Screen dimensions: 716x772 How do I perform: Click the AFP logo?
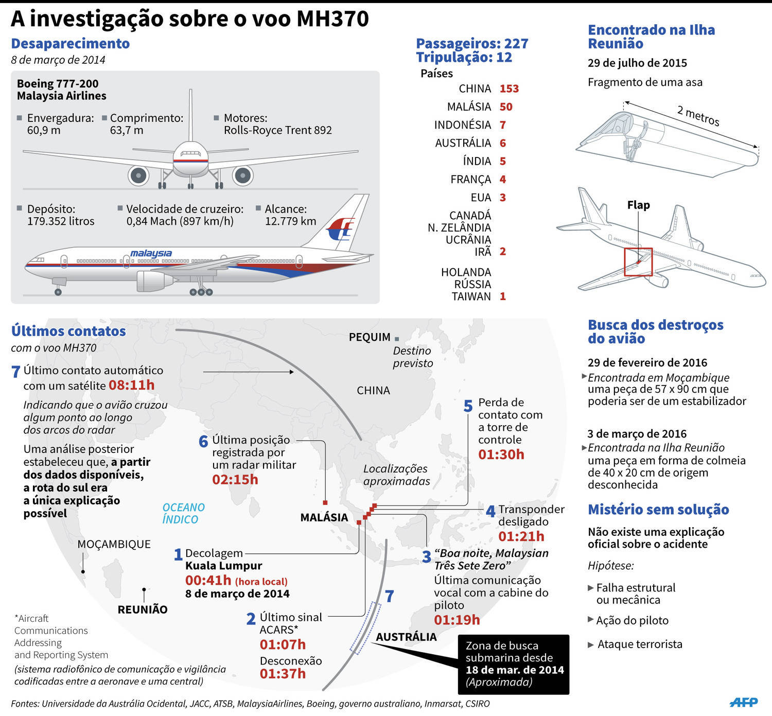pos(744,702)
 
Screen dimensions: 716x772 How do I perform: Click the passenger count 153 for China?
pos(509,89)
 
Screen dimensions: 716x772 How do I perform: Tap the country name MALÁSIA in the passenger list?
pos(469,107)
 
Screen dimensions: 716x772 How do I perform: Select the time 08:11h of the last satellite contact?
pos(131,385)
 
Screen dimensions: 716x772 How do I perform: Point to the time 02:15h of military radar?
pos(235,479)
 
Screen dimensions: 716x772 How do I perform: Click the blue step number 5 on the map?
pos(468,406)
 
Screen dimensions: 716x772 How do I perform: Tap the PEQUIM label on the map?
pos(370,337)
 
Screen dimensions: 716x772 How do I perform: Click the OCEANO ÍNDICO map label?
pos(183,513)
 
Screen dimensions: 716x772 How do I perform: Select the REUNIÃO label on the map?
pos(143,609)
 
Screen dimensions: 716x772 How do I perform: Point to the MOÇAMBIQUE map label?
pos(114,544)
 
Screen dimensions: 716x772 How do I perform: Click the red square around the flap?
pos(638,262)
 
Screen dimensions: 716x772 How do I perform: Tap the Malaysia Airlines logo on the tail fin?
pos(340,229)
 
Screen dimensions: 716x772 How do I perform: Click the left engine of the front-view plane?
pos(138,176)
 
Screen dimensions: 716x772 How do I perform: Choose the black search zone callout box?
pos(514,664)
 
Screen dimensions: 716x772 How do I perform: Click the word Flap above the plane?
pos(638,205)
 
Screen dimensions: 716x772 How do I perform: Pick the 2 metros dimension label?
pos(698,115)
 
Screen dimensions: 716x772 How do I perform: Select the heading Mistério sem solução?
pos(658,510)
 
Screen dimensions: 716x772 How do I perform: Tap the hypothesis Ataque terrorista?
pos(640,644)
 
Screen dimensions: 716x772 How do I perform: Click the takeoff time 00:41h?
pos(208,580)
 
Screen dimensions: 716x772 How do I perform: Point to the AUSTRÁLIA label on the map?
pos(406,637)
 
